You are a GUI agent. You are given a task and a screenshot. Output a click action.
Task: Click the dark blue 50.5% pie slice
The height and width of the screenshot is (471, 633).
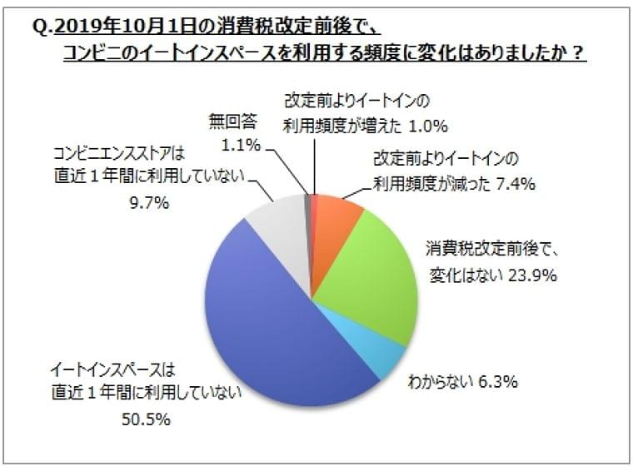pos(275,325)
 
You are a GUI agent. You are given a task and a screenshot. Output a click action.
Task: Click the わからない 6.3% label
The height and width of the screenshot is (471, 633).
pos(463,382)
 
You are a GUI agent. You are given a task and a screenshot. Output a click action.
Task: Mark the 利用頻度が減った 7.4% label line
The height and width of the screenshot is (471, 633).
pos(462,182)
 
